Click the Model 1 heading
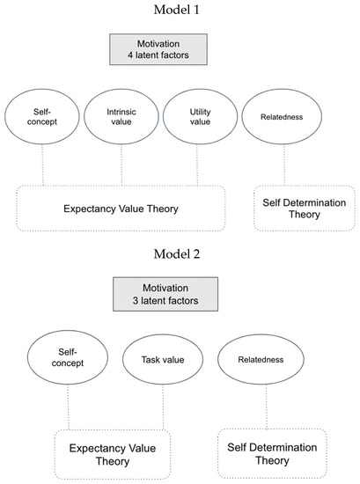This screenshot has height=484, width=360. point(180,11)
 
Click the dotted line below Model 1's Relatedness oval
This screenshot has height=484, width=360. point(283,165)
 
